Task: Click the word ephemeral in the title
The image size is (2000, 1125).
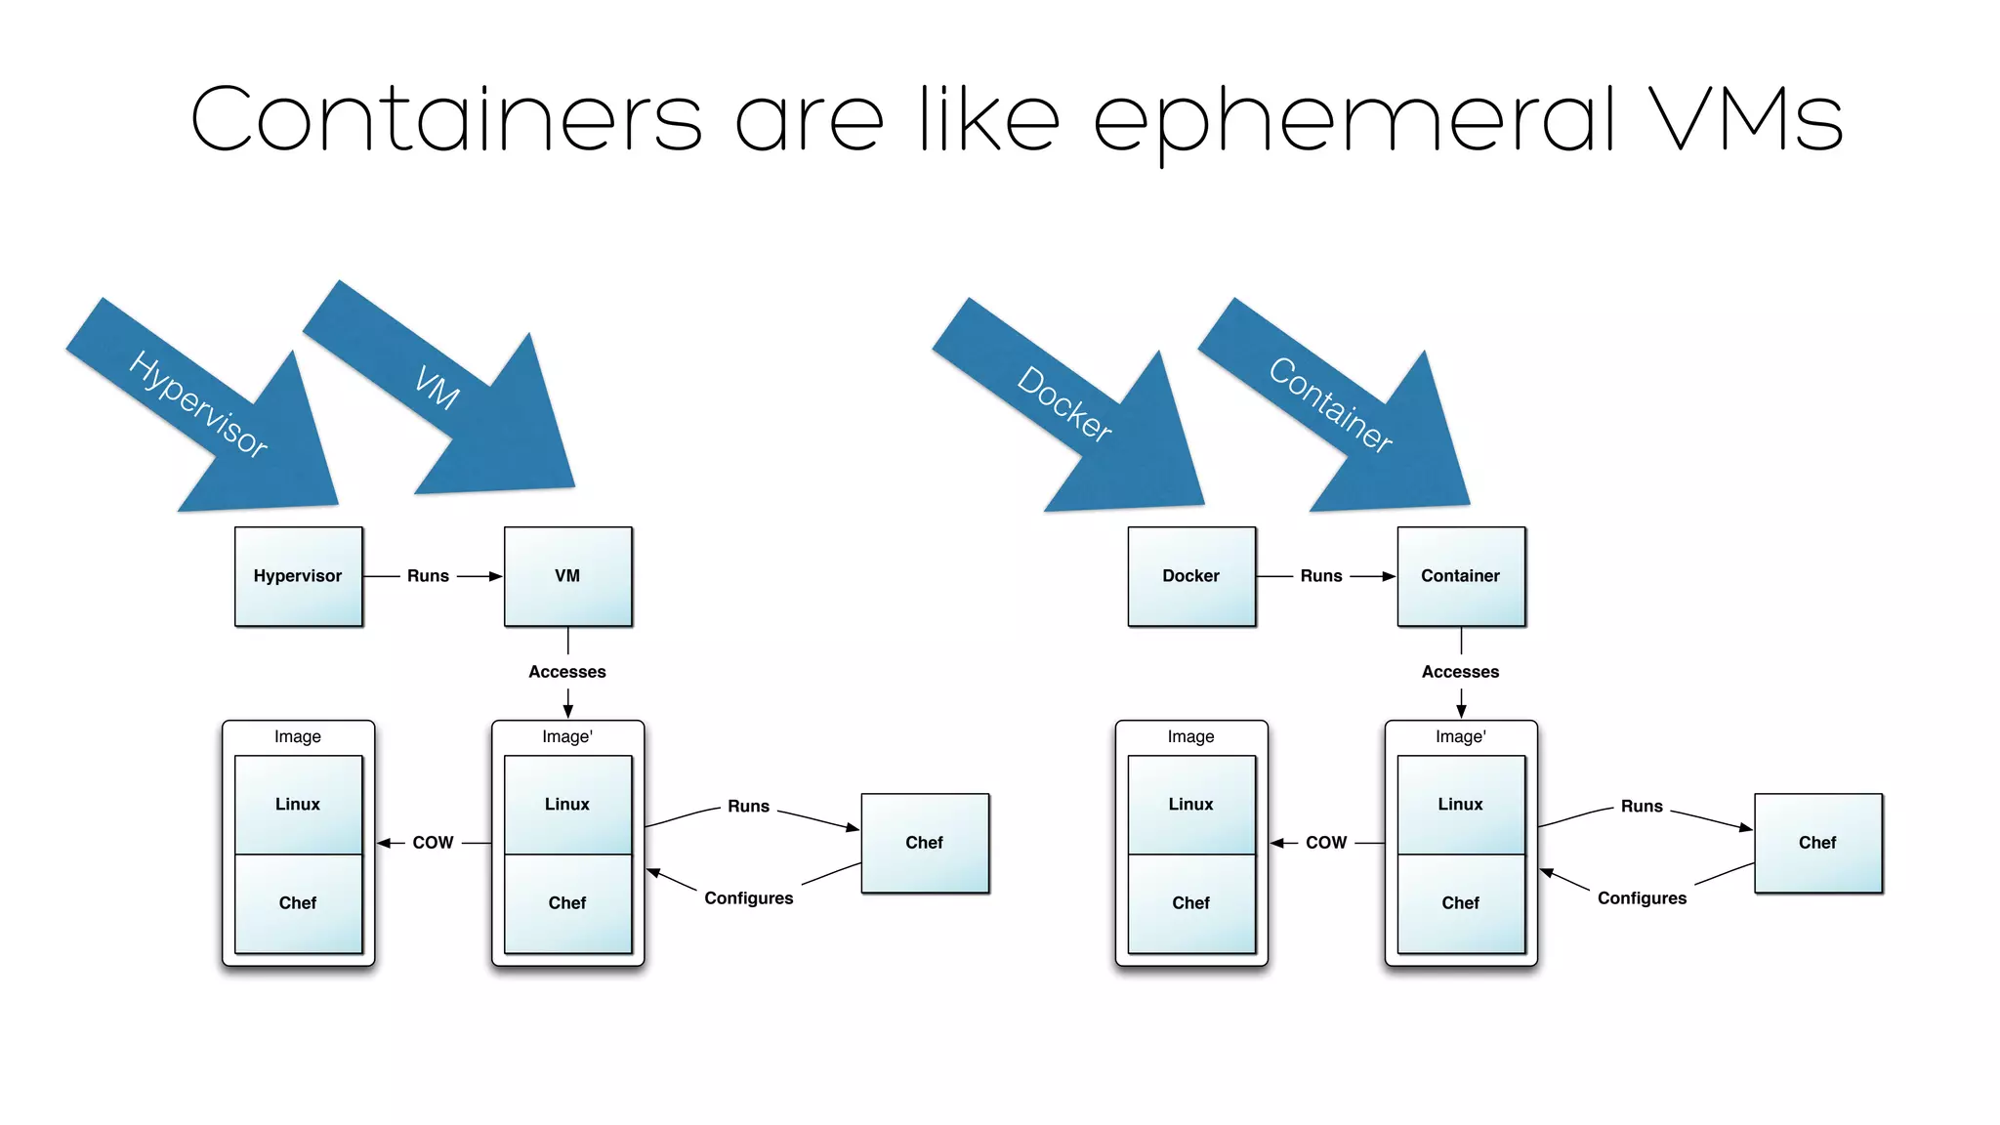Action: pyautogui.click(x=1354, y=121)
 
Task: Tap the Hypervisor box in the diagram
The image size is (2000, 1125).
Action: pyautogui.click(x=298, y=576)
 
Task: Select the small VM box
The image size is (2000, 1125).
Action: pyautogui.click(x=567, y=576)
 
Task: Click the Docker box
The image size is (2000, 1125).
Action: pyautogui.click(x=1190, y=576)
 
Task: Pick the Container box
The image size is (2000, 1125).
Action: pyautogui.click(x=1460, y=576)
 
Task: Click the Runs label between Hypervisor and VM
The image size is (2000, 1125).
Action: pyautogui.click(x=428, y=576)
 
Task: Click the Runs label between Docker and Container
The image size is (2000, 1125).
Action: pyautogui.click(x=1320, y=576)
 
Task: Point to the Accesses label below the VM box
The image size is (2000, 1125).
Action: pyautogui.click(x=567, y=672)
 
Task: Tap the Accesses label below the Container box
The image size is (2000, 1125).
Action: pyautogui.click(x=1460, y=672)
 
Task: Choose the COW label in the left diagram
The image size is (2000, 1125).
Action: pyautogui.click(x=433, y=843)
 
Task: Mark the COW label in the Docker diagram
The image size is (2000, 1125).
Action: pyautogui.click(x=1325, y=843)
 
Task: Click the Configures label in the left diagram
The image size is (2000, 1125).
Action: pyautogui.click(x=749, y=898)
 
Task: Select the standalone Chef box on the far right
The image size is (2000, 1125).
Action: pyautogui.click(x=1817, y=843)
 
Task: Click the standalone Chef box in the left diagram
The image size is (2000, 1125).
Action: pyautogui.click(x=925, y=843)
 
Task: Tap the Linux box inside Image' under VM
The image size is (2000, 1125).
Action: pyautogui.click(x=567, y=805)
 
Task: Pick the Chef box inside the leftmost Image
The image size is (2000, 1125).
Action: pyautogui.click(x=298, y=903)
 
